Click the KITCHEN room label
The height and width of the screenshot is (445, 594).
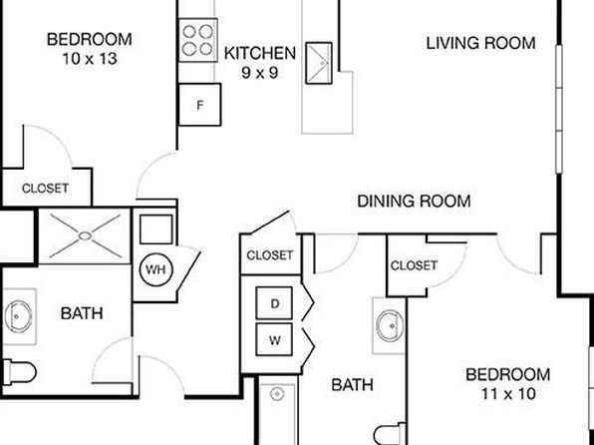pos(260,53)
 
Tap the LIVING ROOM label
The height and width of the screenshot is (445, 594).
pos(480,43)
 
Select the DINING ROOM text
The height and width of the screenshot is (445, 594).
pos(414,202)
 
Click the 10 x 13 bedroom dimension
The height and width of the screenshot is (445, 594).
pos(90,59)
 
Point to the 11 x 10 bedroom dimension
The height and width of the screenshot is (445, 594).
pos(508,394)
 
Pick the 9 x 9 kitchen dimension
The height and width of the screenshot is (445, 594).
pos(260,72)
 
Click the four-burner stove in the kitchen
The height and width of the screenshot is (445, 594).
pos(198,40)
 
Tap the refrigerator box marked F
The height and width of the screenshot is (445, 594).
pos(199,105)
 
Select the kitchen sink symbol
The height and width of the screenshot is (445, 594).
pos(319,63)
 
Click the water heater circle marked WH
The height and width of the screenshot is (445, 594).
pos(155,269)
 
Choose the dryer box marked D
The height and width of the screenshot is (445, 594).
pos(274,303)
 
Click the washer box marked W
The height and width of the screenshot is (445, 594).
pos(274,339)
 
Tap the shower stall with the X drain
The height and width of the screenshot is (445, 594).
pos(85,235)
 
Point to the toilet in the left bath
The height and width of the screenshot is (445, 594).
pos(19,372)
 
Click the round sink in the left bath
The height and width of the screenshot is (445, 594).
pos(18,316)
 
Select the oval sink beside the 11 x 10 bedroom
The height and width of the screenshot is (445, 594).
pos(391,325)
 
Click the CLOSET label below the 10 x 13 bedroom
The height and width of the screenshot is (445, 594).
pos(45,189)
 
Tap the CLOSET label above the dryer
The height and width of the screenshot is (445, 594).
pos(270,255)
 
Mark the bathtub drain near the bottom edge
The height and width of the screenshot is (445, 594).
pos(277,394)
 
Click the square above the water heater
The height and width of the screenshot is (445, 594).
pos(156,229)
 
